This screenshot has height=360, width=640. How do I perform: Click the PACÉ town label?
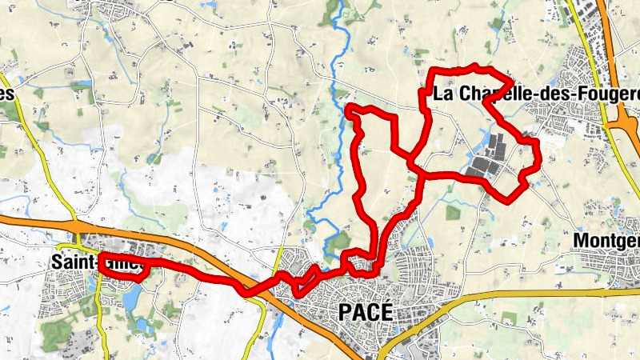tap(366, 312)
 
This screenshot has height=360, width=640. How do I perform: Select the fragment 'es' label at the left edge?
tap(8, 94)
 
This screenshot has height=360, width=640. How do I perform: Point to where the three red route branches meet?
tap(413, 164)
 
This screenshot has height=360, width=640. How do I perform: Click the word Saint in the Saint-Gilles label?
tap(70, 262)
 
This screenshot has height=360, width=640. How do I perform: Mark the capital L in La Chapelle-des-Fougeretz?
tap(438, 94)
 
